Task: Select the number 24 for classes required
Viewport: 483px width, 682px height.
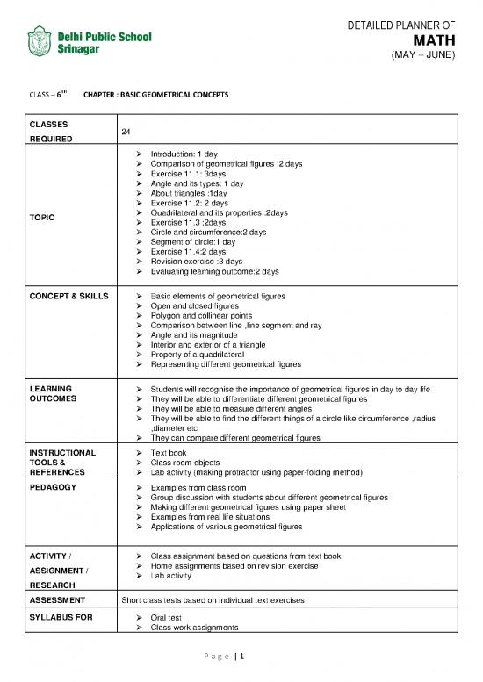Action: [126, 130]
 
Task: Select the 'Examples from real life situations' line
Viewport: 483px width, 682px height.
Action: [213, 516]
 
